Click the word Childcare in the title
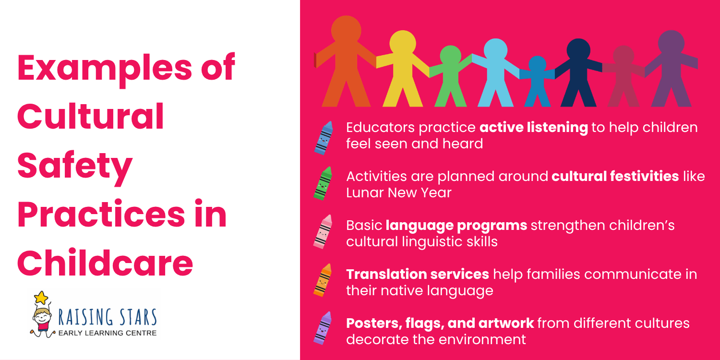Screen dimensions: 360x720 click(105, 263)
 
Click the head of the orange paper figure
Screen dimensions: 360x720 click(346, 30)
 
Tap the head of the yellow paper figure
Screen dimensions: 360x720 click(402, 44)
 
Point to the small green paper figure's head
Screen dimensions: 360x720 click(450, 56)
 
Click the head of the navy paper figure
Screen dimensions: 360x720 click(578, 50)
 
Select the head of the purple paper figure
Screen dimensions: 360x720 click(671, 42)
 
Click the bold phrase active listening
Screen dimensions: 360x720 click(534, 128)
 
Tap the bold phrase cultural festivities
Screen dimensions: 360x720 click(615, 176)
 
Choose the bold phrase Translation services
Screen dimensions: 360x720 click(418, 274)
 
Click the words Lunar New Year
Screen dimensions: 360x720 click(399, 192)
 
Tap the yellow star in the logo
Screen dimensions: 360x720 click(42, 298)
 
